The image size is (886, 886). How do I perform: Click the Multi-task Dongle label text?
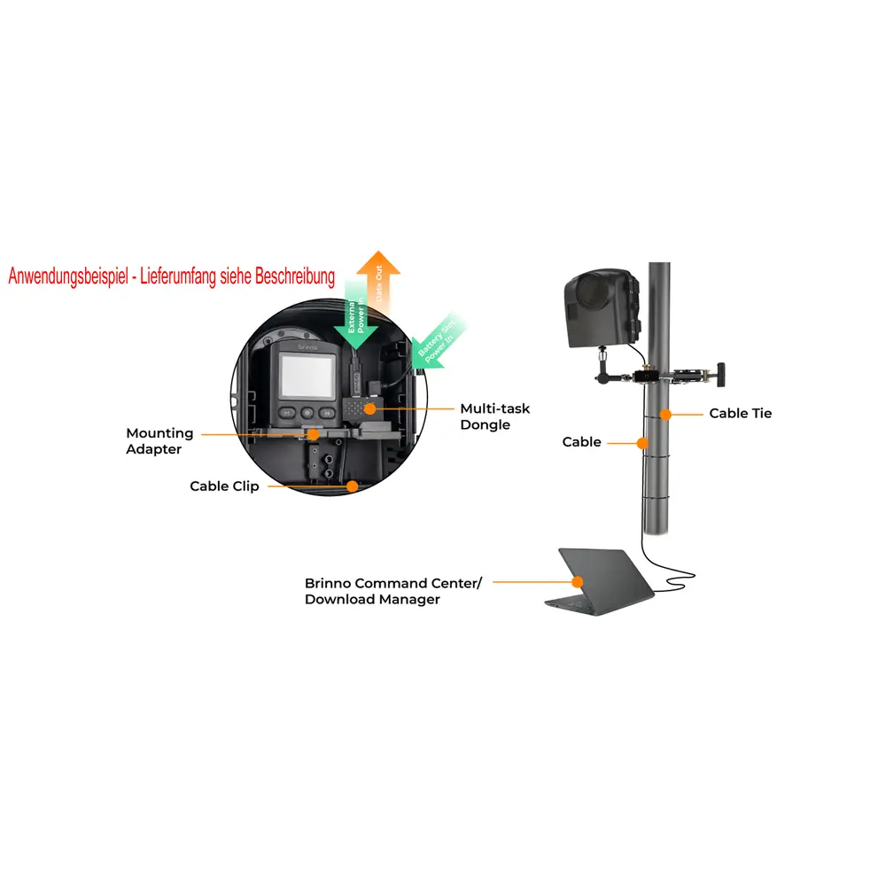(494, 416)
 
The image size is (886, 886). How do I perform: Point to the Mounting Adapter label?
(159, 440)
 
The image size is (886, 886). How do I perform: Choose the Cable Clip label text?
(224, 486)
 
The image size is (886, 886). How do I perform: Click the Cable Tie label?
(740, 413)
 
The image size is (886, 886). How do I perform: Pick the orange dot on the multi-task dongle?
(368, 408)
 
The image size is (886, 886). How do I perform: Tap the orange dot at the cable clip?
(352, 486)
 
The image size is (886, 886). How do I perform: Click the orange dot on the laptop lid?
(578, 582)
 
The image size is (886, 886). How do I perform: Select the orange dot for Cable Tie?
(664, 414)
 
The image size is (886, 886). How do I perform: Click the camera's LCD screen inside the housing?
(305, 377)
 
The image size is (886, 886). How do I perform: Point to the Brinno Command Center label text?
(393, 591)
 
